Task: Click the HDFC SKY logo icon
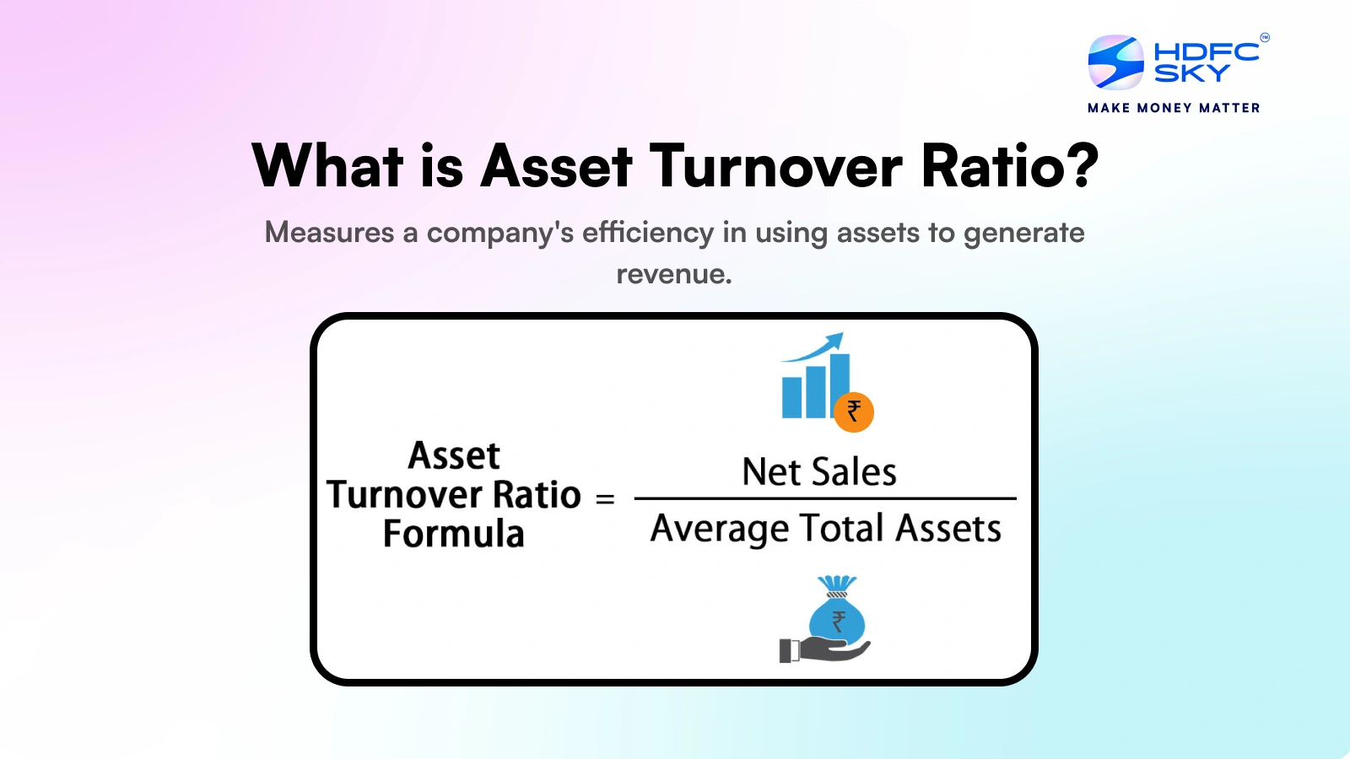1115,62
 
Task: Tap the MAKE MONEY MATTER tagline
1174,108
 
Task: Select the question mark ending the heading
1081,166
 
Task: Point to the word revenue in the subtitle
673,274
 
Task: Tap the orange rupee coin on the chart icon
854,412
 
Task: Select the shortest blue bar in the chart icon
791,397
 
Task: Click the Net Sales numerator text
818,471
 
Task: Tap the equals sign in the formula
604,499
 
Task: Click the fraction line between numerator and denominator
824,498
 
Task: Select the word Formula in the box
453,534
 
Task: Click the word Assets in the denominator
948,529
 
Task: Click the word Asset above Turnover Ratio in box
454,455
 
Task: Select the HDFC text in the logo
1206,51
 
